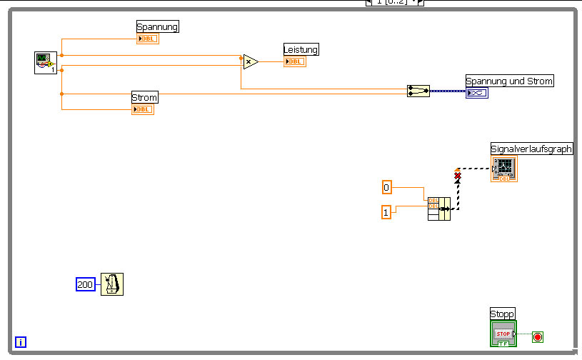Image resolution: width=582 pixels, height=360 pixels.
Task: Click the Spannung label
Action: point(157,26)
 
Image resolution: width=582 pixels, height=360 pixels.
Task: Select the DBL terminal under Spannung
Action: point(148,39)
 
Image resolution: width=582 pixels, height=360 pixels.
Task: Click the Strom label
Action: point(144,97)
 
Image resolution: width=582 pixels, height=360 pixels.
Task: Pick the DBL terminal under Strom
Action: point(143,109)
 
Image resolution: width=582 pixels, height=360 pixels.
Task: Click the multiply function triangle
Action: point(250,62)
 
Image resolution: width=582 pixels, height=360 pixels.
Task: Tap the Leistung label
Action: point(301,49)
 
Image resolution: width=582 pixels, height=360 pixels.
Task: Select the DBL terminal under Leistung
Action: point(294,61)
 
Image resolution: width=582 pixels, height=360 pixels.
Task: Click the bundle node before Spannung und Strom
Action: point(418,91)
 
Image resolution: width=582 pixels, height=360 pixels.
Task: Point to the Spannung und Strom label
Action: point(509,81)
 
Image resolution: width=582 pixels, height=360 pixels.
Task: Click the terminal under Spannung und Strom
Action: point(477,93)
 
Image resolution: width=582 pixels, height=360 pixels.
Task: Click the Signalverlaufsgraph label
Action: point(532,149)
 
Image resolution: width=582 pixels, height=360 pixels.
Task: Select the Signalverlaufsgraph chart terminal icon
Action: point(503,169)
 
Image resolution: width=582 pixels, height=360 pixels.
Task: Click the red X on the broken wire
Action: point(458,175)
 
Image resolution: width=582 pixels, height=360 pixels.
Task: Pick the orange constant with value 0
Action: point(387,187)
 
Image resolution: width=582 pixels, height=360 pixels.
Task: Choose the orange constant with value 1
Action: point(386,212)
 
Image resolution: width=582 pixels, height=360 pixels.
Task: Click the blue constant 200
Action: point(85,284)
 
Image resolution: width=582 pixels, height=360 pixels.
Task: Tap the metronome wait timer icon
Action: point(111,284)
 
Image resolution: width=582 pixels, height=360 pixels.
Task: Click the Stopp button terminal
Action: point(503,334)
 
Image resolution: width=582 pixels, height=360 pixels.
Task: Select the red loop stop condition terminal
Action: point(538,336)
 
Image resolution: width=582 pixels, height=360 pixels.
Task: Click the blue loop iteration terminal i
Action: point(21,342)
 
